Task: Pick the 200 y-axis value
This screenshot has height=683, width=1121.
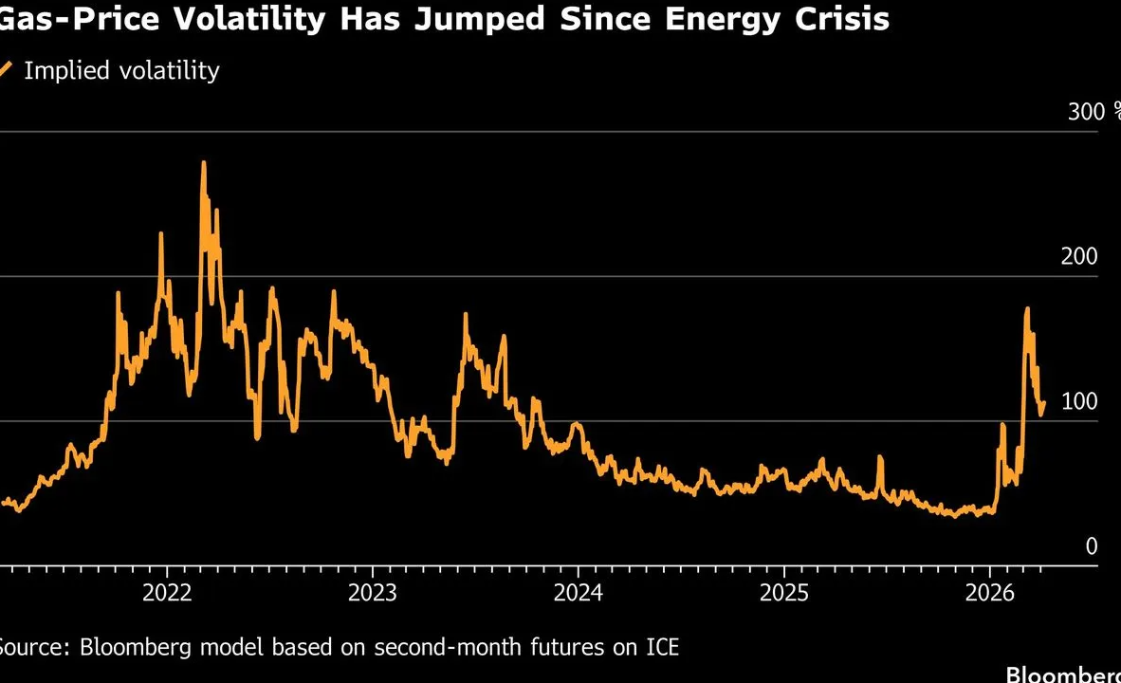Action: tap(1078, 257)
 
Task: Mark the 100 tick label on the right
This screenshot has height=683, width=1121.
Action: tap(1078, 401)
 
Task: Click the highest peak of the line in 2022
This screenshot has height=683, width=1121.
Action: tap(204, 163)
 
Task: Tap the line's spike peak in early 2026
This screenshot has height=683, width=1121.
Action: tap(1027, 308)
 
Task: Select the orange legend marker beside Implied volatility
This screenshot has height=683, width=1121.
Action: tap(6, 69)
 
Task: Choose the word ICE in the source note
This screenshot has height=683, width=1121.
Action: tap(659, 648)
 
